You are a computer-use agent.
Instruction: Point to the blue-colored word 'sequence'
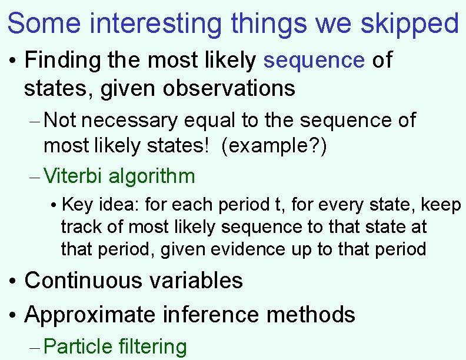pos(315,61)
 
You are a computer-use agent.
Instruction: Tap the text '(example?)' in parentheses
pos(274,146)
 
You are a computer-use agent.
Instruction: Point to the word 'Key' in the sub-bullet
pos(74,205)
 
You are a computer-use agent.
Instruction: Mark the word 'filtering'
pos(152,347)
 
